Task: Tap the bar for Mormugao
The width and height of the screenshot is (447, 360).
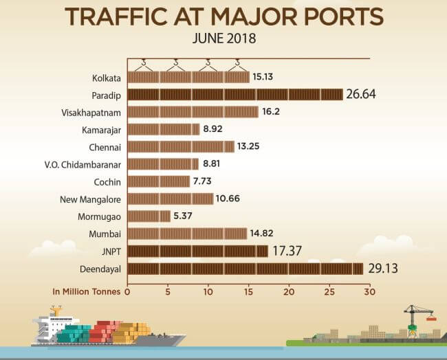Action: pos(149,216)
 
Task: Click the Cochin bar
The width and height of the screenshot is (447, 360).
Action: pos(158,181)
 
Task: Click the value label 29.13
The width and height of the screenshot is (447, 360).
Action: pos(382,268)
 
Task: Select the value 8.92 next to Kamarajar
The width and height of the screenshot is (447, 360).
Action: pos(215,128)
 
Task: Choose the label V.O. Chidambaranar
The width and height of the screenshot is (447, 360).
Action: pos(83,164)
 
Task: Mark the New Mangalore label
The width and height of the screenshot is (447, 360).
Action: pos(90,199)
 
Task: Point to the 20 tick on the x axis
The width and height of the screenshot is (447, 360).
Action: pos(289,291)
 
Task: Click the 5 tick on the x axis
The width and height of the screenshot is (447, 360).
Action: pos(168,291)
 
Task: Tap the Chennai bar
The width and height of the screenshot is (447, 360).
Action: pos(181,146)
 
